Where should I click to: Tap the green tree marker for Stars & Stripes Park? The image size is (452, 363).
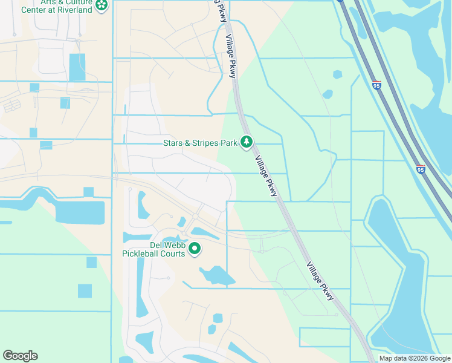tap(247, 142)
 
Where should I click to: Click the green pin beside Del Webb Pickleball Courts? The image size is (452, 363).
tap(195, 248)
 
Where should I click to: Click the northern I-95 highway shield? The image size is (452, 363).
tap(376, 85)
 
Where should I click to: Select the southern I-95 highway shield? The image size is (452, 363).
tap(421, 169)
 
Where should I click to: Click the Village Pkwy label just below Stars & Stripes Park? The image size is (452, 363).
tap(266, 175)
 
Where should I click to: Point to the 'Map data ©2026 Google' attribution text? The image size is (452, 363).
tap(415, 358)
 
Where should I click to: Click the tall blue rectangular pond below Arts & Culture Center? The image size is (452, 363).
tap(77, 67)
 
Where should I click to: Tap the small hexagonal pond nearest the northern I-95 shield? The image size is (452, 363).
tap(337, 75)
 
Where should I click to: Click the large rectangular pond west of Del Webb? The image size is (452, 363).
tap(80, 212)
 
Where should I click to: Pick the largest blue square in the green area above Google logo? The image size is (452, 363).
tap(85, 290)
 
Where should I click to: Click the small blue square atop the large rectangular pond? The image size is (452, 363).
tap(88, 192)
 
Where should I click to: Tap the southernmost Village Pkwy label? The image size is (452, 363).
tap(320, 280)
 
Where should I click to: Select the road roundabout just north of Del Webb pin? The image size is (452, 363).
tap(196, 216)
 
